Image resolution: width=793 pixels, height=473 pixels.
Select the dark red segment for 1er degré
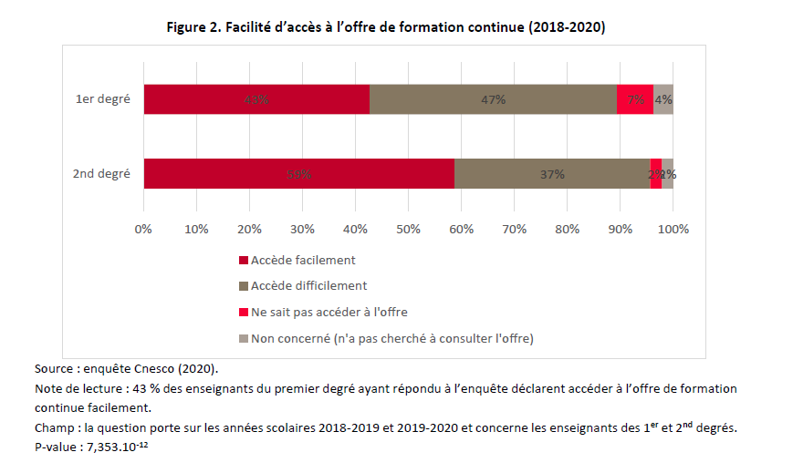click(x=256, y=99)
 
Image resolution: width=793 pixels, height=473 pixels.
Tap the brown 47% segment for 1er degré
click(x=493, y=99)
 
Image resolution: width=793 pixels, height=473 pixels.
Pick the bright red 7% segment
click(x=635, y=99)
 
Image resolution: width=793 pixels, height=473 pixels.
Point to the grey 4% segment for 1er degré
click(x=663, y=99)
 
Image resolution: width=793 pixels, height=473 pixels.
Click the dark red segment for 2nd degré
click(x=298, y=173)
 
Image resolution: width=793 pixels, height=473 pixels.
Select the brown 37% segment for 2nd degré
click(x=552, y=173)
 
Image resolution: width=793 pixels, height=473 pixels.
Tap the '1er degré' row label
click(x=102, y=99)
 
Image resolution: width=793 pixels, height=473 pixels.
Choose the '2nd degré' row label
click(x=101, y=173)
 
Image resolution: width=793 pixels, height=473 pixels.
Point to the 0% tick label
click(x=143, y=228)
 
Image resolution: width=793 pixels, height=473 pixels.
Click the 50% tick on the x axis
click(x=408, y=228)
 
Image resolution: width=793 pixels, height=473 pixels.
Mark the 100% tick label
click(x=673, y=228)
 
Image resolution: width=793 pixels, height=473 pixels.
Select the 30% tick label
click(x=302, y=228)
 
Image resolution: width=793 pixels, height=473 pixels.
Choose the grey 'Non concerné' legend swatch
click(x=243, y=338)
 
